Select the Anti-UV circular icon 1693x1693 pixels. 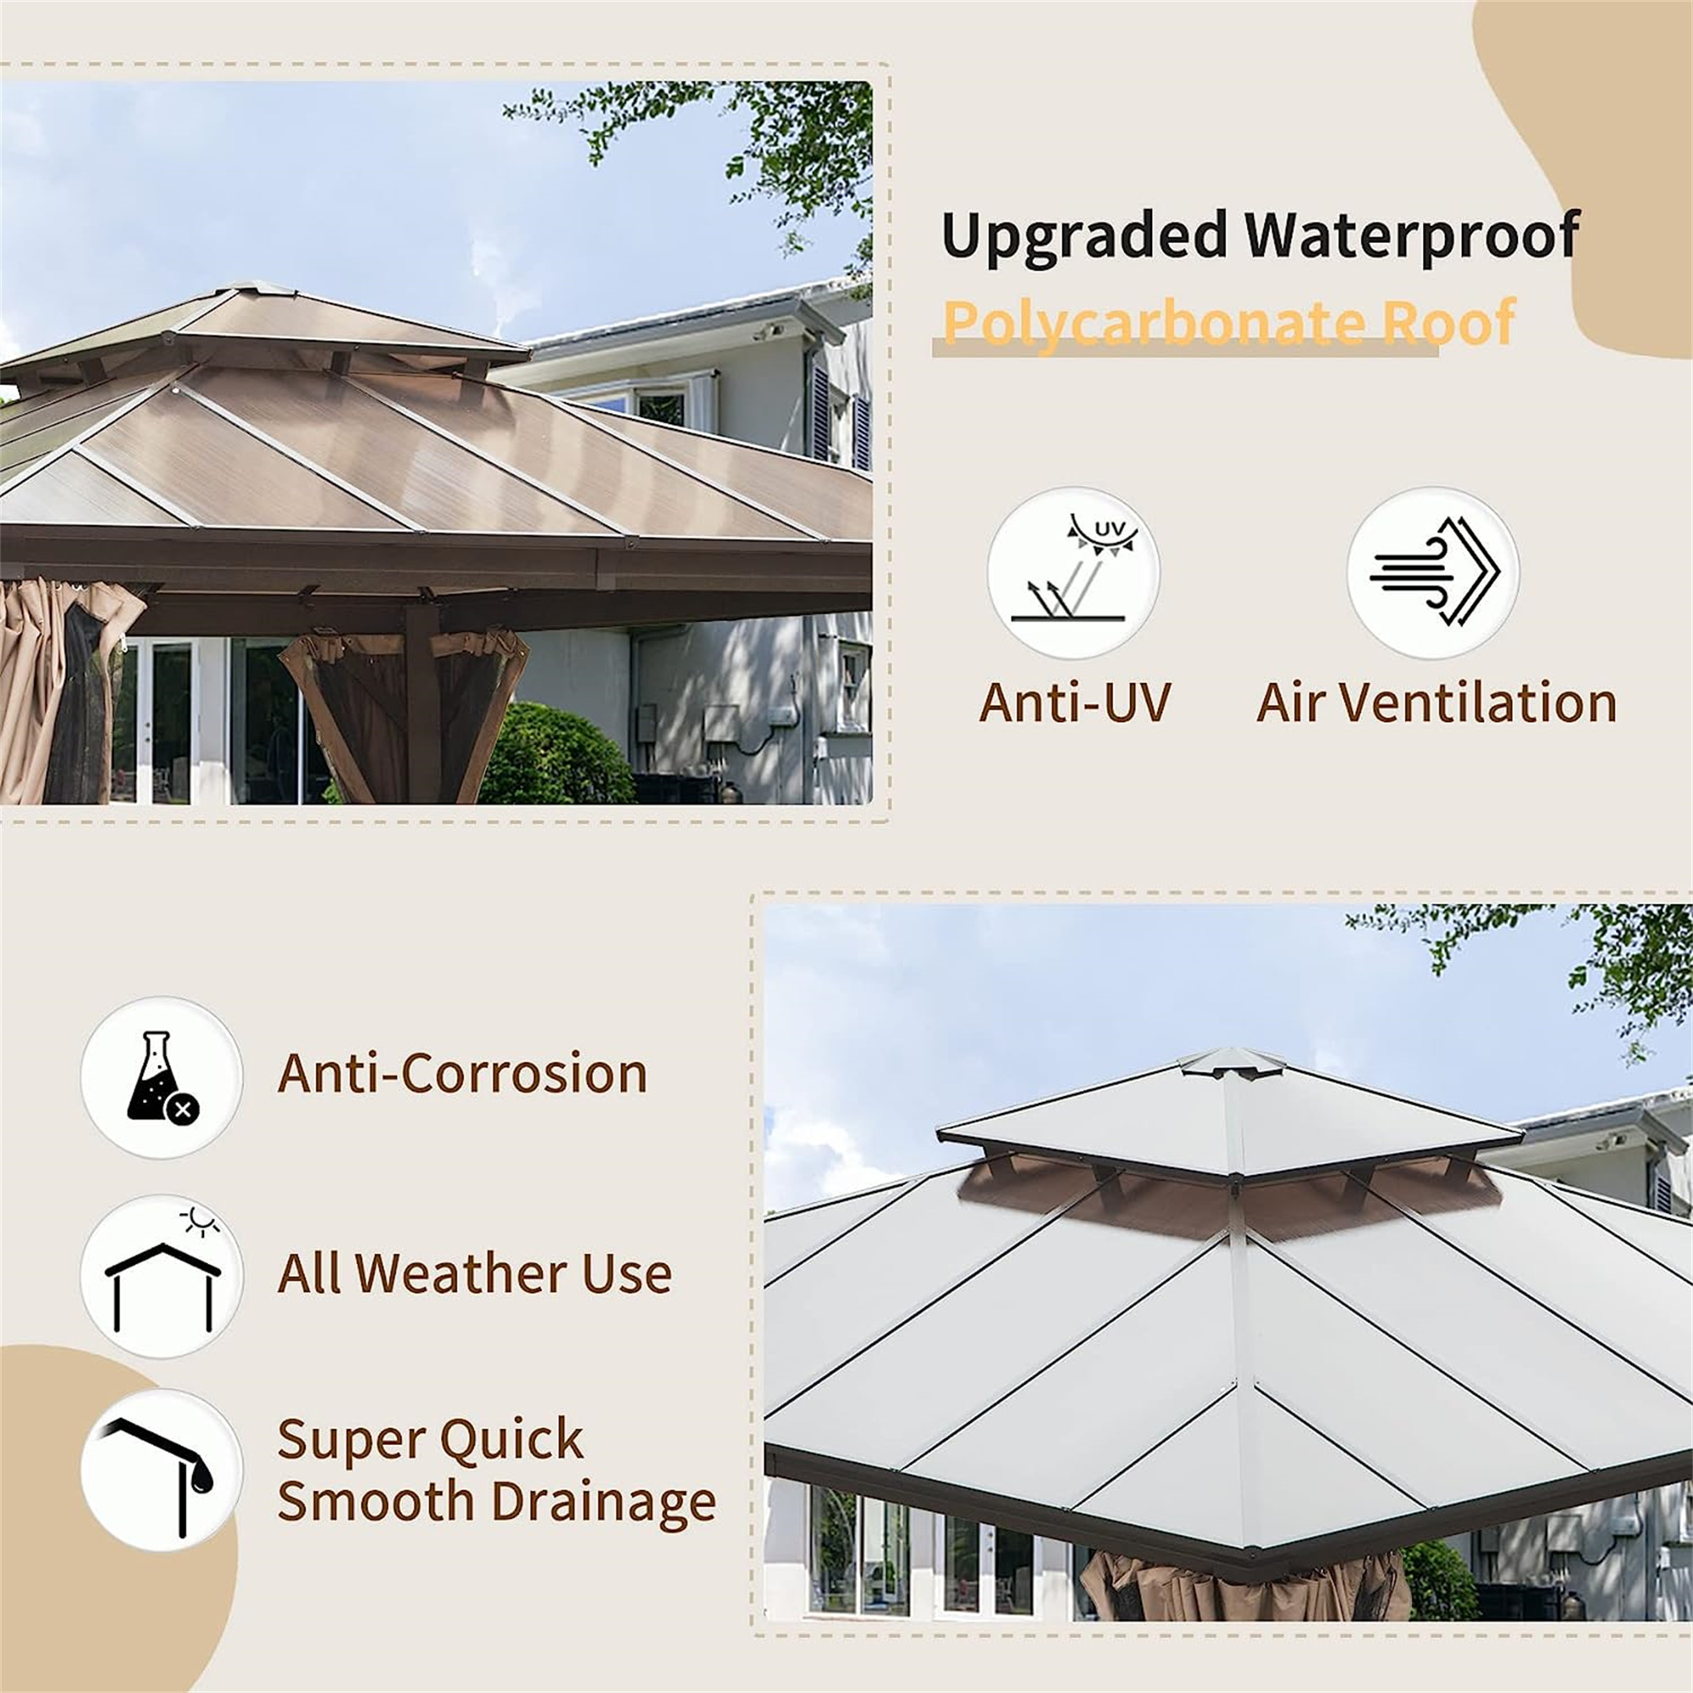(1073, 573)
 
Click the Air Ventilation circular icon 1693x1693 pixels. (1433, 573)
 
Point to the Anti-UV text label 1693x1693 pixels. (1075, 703)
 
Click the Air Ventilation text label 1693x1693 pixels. (1437, 703)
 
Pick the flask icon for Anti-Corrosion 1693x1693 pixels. (161, 1077)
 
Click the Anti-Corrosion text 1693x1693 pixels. (462, 1073)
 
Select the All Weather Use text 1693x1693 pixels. (474, 1273)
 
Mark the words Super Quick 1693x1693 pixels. (429, 1439)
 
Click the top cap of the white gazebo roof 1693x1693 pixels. (1232, 1062)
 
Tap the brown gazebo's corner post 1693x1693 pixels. (423, 701)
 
